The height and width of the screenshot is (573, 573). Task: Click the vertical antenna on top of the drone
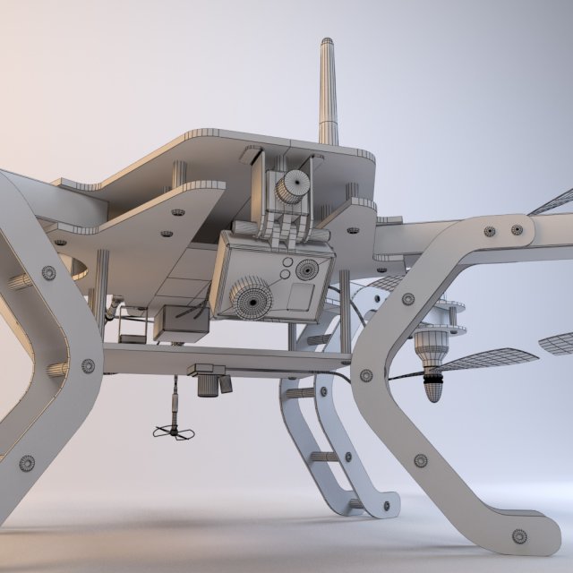(x=328, y=90)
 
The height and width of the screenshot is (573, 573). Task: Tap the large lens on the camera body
(x=253, y=296)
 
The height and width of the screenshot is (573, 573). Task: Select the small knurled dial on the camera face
(x=307, y=269)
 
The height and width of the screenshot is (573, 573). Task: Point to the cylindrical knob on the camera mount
(x=293, y=186)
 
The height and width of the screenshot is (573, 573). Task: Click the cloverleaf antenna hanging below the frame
(x=174, y=432)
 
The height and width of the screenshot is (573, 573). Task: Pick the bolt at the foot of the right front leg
(x=519, y=536)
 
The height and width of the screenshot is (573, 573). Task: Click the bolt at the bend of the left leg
(x=88, y=365)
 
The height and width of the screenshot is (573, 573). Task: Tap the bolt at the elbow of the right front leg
(x=366, y=375)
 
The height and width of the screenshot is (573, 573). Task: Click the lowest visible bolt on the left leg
(x=27, y=462)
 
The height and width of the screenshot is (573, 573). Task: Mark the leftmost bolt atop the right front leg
(x=489, y=231)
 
